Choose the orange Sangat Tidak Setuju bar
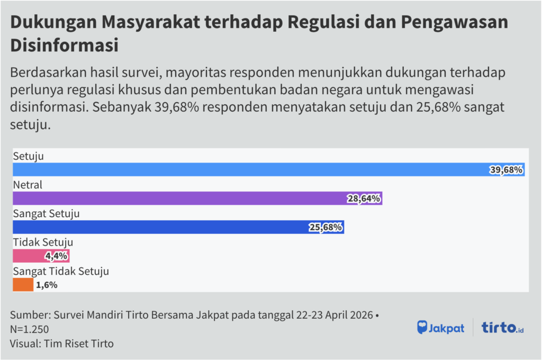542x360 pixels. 23,285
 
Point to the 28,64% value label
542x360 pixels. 364,199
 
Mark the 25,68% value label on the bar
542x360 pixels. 326,227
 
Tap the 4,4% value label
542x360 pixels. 56,256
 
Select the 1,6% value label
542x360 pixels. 47,285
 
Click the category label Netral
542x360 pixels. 28,185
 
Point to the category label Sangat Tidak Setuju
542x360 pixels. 61,272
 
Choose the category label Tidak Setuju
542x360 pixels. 43,242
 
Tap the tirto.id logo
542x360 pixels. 502,327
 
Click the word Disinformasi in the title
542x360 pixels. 64,44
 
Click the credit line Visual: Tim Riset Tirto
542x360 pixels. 61,343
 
